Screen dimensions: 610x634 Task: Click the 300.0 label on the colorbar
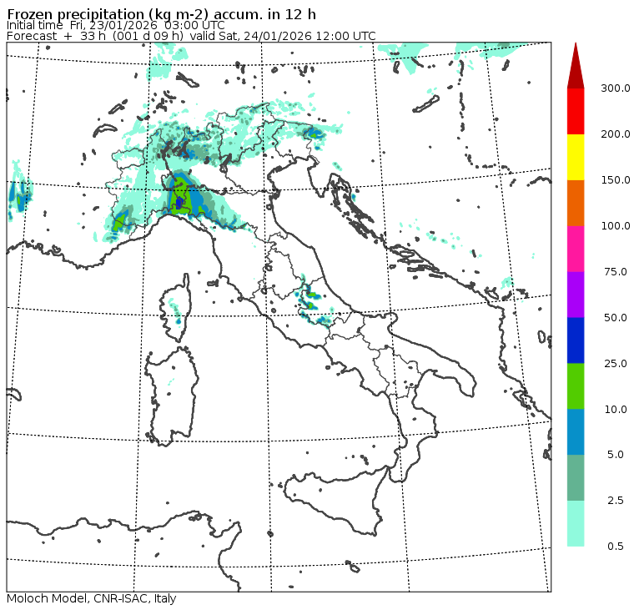[616, 88]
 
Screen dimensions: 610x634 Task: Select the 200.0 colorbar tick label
[616, 134]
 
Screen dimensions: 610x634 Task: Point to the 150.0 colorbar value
[616, 180]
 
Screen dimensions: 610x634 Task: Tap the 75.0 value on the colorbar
[616, 271]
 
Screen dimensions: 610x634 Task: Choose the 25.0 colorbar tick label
[616, 363]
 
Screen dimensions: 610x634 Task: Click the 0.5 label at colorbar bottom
[616, 547]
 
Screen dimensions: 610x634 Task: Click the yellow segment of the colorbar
[576, 157]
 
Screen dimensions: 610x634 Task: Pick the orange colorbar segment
[576, 203]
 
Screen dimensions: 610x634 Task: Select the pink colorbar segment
[576, 249]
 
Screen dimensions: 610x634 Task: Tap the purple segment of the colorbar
[576, 295]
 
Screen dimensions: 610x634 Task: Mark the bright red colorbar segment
[576, 111]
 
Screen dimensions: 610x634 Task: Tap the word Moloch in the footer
[26, 598]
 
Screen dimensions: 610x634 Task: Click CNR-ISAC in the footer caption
[112, 598]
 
